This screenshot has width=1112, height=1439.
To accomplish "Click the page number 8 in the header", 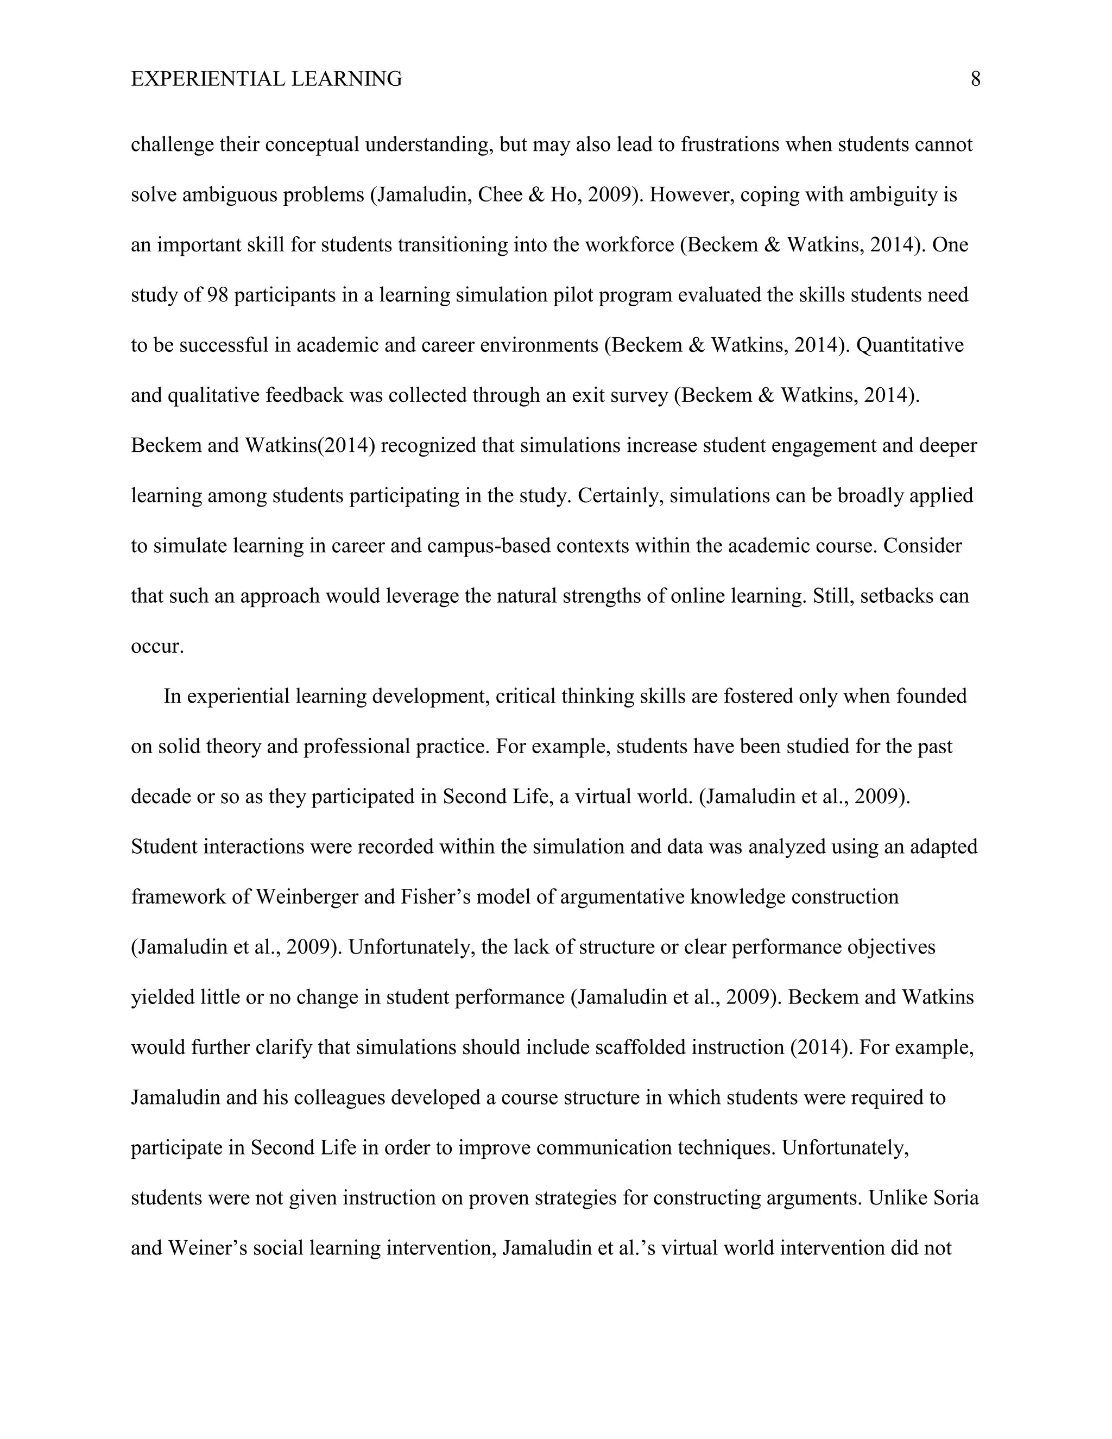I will (x=975, y=80).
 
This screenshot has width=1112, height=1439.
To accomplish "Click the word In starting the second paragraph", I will (x=172, y=697).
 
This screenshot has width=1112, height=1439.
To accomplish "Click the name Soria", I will (x=957, y=1198).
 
